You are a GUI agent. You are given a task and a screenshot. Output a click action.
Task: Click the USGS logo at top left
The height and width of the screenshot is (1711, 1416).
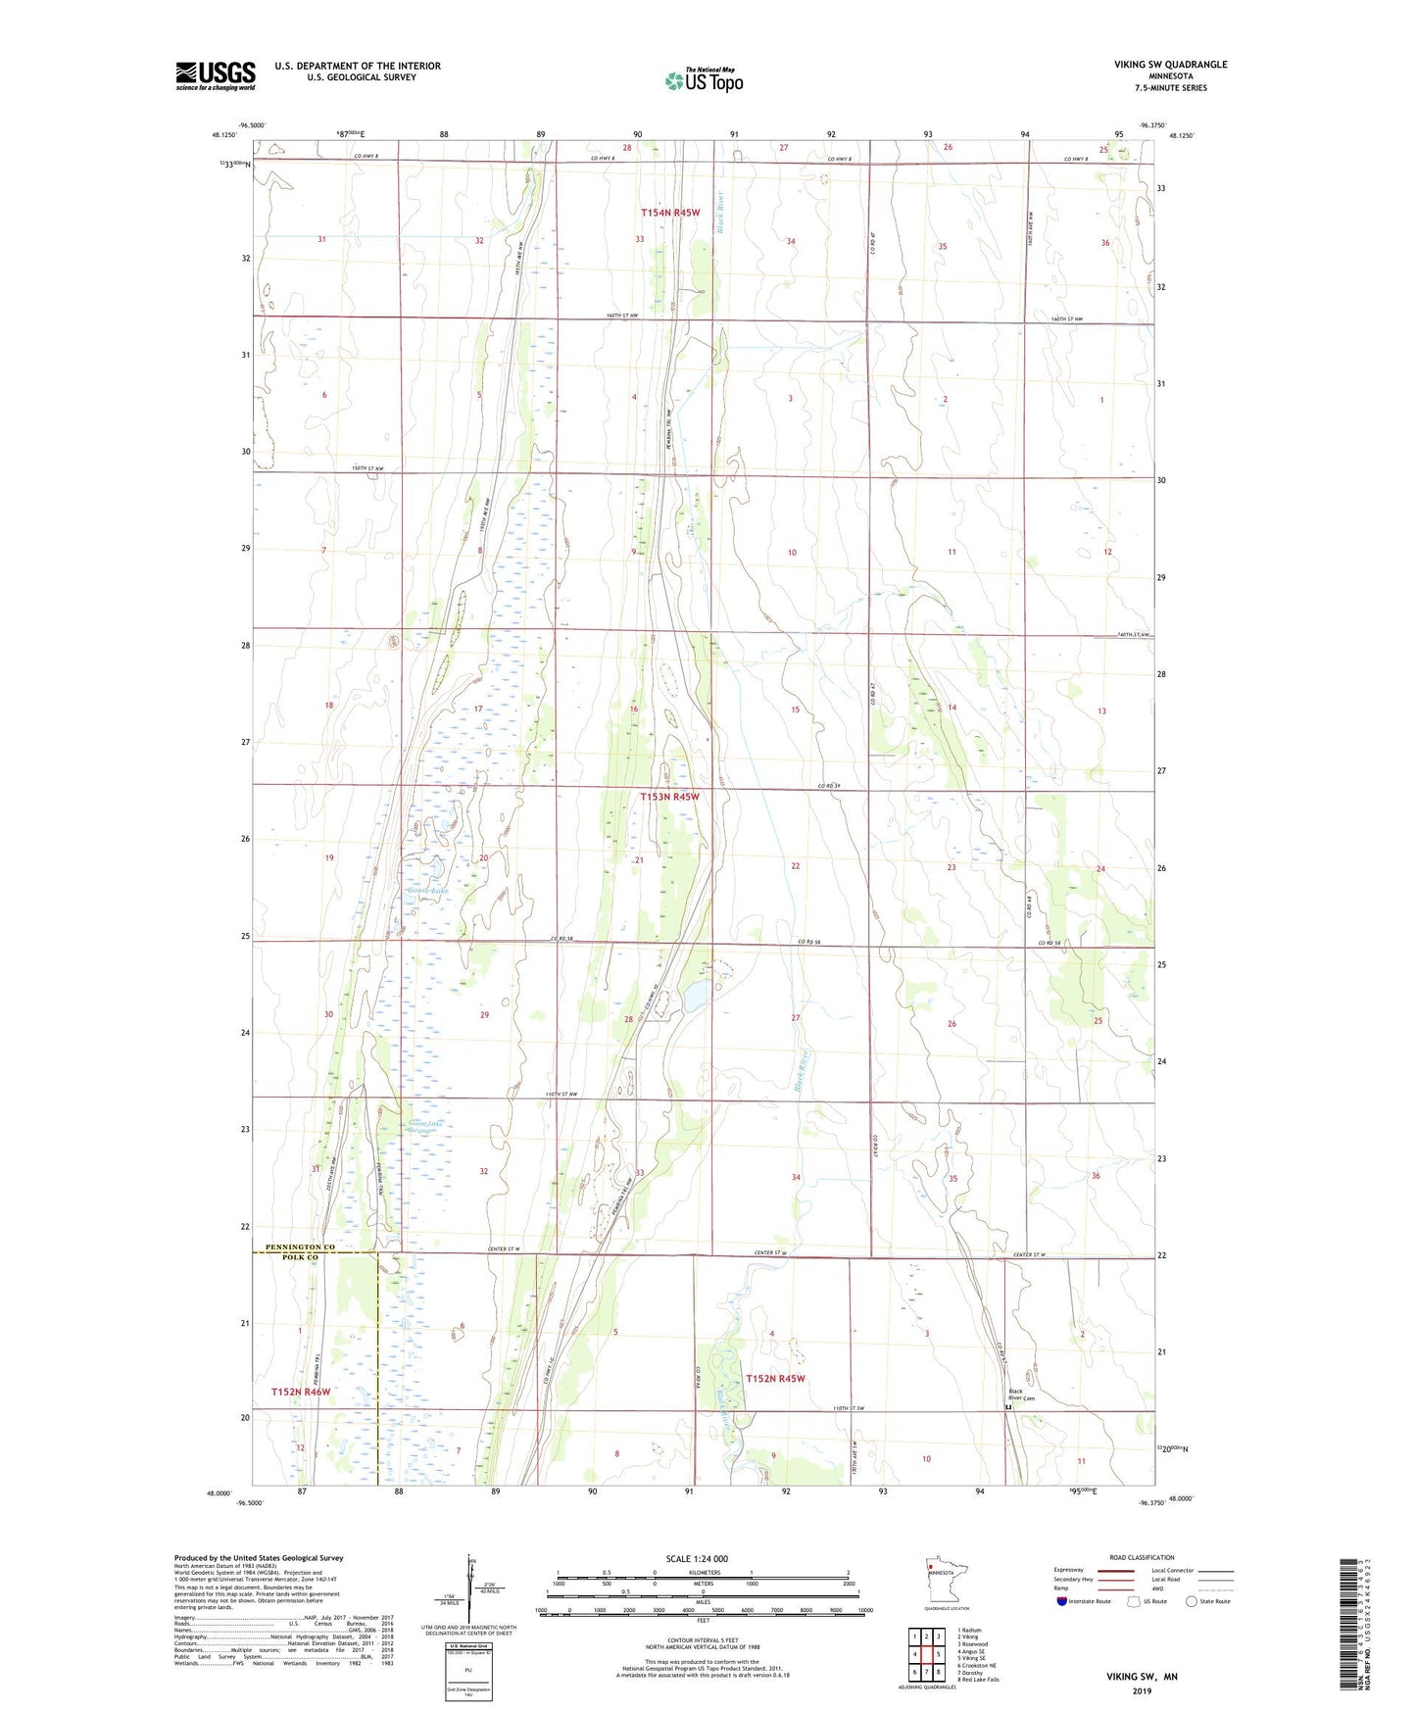pyautogui.click(x=215, y=75)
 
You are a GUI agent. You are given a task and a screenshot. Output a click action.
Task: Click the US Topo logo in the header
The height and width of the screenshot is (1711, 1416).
pyautogui.click(x=704, y=80)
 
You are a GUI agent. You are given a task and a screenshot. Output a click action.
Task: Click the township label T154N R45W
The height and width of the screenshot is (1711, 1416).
pyautogui.click(x=670, y=212)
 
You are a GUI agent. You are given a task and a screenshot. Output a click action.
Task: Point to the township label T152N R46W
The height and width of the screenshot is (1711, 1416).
pyautogui.click(x=301, y=1392)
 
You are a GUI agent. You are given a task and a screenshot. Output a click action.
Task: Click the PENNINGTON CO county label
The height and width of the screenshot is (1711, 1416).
pyautogui.click(x=293, y=1247)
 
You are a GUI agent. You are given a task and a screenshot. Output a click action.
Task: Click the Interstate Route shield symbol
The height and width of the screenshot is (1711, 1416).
pyautogui.click(x=1062, y=1602)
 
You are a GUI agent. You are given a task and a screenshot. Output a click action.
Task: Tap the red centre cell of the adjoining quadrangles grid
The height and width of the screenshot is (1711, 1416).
pyautogui.click(x=926, y=1654)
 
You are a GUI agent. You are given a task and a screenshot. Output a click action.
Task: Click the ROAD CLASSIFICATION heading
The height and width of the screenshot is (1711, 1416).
pyautogui.click(x=1142, y=1557)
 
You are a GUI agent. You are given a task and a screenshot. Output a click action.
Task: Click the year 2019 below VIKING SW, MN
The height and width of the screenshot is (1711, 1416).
pyautogui.click(x=1142, y=1691)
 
